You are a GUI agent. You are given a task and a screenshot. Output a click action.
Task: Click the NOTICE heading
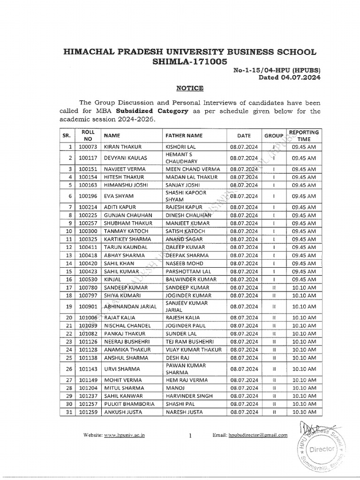176,88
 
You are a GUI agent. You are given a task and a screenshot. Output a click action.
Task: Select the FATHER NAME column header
184,135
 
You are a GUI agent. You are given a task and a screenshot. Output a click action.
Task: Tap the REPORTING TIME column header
304,135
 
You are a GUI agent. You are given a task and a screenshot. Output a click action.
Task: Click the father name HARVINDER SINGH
189,396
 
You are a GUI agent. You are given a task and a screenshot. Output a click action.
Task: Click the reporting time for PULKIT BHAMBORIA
304,404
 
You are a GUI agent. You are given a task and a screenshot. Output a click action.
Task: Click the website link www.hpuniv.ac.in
124,435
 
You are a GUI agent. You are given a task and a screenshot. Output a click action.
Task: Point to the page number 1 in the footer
191,435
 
